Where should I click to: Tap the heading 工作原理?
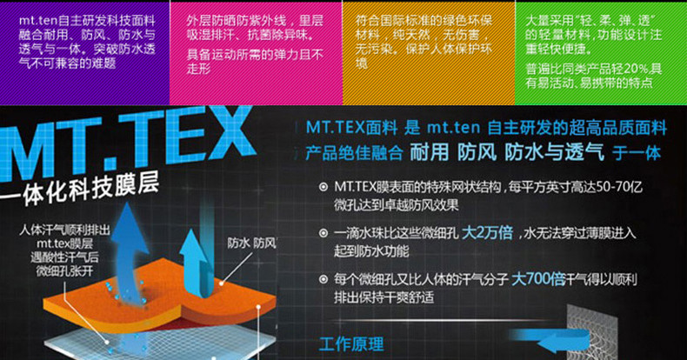coord(352,344)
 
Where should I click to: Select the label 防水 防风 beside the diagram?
coord(251,243)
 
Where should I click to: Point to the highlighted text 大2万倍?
coord(487,232)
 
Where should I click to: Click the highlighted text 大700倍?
coord(538,279)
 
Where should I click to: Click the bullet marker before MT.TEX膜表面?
coord(323,188)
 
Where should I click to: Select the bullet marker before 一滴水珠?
coord(323,233)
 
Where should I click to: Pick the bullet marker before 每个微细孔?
coord(323,279)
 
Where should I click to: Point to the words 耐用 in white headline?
coord(429,153)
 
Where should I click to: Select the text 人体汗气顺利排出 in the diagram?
coord(65,230)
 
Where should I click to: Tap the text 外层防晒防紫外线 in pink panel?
coord(237,21)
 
